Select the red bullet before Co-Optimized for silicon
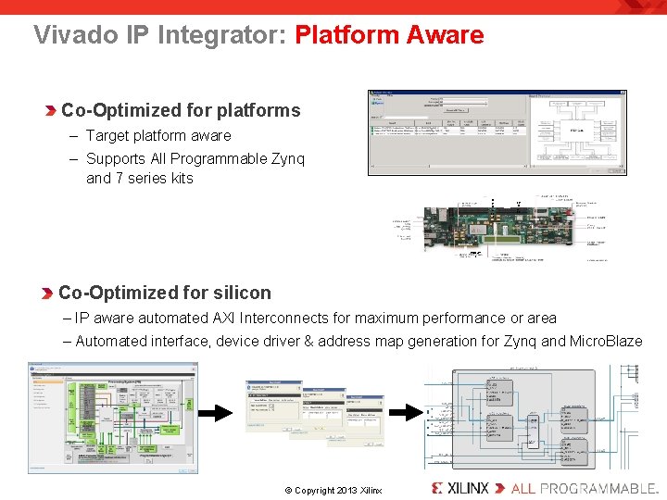[47, 294]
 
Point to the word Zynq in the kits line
[287, 158]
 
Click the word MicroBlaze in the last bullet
[606, 341]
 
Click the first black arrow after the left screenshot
[221, 413]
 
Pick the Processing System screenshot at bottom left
[112, 418]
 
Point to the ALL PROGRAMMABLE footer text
[584, 488]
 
